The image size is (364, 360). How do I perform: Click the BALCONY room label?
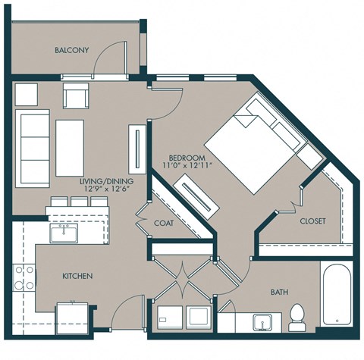[x=72, y=50]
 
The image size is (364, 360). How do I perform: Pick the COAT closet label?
[x=165, y=223]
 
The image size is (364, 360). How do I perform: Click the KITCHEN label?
[x=77, y=276]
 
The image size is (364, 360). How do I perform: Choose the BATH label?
[x=280, y=291]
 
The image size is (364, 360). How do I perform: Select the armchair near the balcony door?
[x=77, y=96]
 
